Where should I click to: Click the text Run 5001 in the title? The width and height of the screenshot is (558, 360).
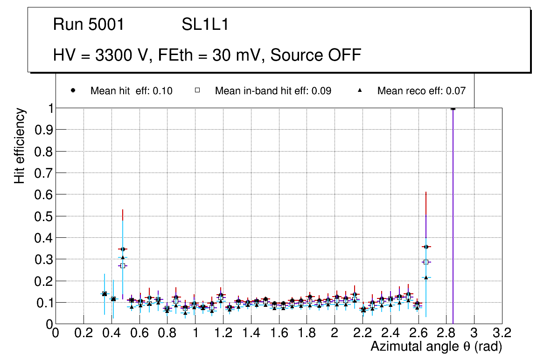(89, 25)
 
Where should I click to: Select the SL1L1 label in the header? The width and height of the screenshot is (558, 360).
(205, 25)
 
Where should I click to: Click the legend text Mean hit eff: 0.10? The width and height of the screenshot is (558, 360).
(131, 91)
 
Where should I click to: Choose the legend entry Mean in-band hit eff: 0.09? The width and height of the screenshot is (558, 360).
(273, 91)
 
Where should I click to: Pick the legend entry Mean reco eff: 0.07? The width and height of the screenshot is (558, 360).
(421, 91)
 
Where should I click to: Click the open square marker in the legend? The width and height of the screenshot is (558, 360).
(197, 90)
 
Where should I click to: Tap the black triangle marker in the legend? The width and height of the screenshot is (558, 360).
(360, 90)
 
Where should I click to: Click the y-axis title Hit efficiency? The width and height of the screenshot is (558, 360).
(20, 145)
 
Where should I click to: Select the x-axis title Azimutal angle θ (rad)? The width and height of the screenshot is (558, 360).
(436, 347)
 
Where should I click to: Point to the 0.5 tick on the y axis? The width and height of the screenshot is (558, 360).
(42, 216)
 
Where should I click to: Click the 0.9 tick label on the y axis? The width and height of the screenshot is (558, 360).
(42, 130)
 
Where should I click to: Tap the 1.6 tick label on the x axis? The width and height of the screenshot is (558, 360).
(279, 334)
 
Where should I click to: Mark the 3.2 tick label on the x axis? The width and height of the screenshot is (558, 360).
(502, 334)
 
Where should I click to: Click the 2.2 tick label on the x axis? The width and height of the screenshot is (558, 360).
(363, 334)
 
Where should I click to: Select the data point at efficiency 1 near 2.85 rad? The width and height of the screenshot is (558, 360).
(453, 108)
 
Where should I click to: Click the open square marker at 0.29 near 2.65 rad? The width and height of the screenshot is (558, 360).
(426, 262)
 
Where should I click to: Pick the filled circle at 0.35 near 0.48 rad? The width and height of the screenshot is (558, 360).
(123, 249)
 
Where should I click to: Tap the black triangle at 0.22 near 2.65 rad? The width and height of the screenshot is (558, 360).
(426, 277)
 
